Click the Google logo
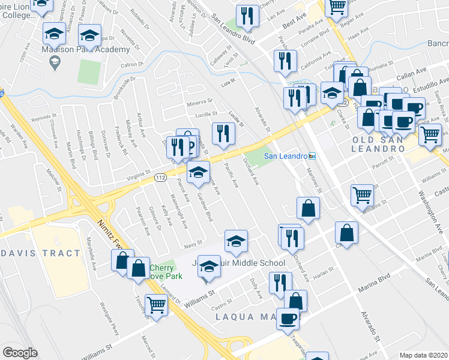click(20, 353)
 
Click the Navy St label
click(191, 244)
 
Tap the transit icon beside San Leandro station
click(312, 156)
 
